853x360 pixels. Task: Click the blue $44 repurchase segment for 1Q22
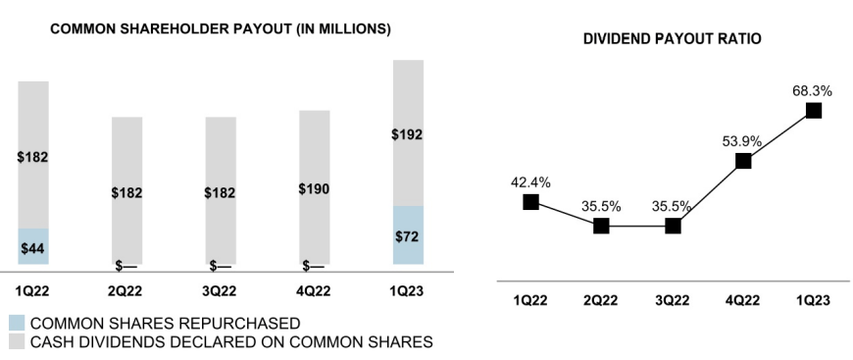tap(32, 246)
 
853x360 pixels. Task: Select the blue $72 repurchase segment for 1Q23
tap(408, 235)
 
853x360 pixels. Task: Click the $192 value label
tap(408, 134)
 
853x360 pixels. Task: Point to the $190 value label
tap(314, 189)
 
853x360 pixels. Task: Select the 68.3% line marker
tap(813, 110)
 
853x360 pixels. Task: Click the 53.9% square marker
tap(743, 161)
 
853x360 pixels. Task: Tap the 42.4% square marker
tap(530, 202)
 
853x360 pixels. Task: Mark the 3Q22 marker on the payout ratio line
tap(672, 226)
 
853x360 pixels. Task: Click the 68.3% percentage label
tap(812, 90)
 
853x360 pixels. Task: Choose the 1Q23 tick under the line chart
tap(813, 300)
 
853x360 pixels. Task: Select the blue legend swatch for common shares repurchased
tap(16, 322)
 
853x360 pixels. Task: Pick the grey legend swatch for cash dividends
tap(16, 341)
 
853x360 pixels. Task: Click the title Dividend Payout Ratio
tap(672, 38)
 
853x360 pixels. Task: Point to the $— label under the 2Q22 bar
tap(125, 265)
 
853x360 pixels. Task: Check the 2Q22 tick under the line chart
tap(601, 300)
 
